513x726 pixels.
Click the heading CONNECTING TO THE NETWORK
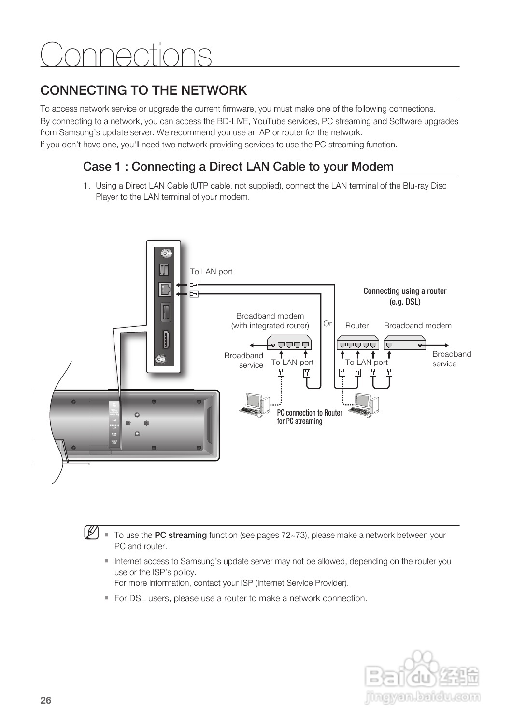tap(143, 90)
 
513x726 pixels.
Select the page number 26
tap(46, 701)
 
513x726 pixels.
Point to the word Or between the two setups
tap(328, 323)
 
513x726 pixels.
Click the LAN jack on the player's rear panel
tap(165, 289)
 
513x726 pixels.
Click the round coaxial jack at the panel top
tap(165, 253)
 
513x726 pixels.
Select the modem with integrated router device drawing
tap(289, 344)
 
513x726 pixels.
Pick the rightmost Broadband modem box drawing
tap(405, 344)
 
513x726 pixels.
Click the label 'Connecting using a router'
tap(405, 291)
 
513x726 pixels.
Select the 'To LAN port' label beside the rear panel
tap(211, 272)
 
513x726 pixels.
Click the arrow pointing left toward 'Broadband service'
tap(258, 345)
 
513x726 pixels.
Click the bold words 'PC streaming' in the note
tap(181, 535)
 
